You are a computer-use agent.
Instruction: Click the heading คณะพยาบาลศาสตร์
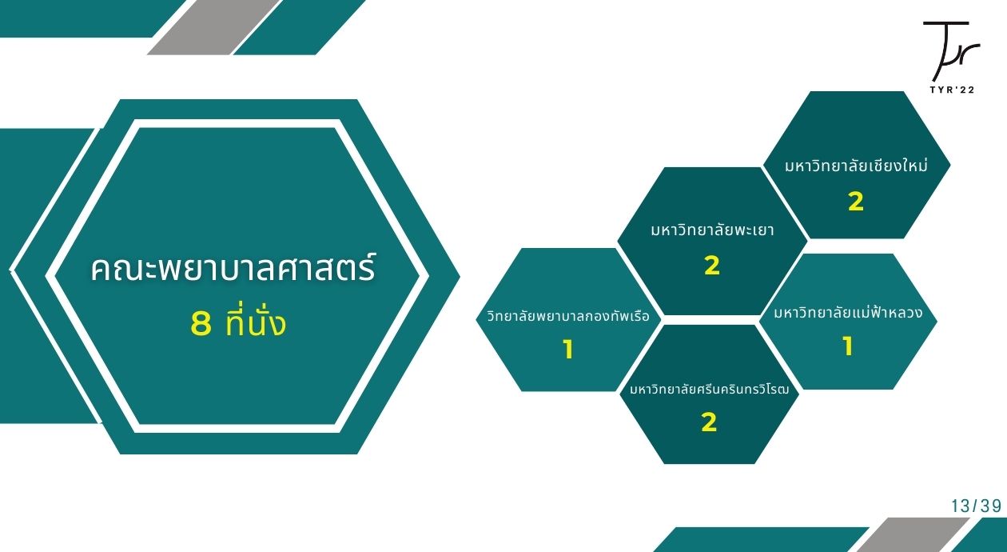[x=233, y=268]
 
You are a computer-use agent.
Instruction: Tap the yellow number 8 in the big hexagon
[x=201, y=323]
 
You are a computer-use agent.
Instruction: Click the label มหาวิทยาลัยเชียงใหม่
[x=856, y=165]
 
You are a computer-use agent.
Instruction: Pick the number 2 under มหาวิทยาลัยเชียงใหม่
[x=856, y=202]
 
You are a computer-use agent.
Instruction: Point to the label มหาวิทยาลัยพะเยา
[x=712, y=230]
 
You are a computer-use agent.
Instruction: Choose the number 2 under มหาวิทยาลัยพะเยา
[x=712, y=266]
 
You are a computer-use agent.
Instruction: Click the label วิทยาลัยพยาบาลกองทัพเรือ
[x=568, y=315]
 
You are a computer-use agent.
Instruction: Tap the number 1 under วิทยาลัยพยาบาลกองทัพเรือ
[x=568, y=350]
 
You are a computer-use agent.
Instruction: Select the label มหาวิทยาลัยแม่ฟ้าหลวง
[x=848, y=311]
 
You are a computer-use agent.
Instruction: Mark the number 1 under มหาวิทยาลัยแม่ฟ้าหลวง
[x=848, y=346]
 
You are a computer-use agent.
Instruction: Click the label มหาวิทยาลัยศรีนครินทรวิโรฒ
[x=710, y=388]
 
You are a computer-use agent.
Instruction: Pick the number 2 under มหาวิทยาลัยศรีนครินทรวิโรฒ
[x=709, y=422]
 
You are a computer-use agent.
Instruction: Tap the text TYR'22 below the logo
[x=952, y=90]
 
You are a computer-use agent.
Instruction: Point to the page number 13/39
[x=976, y=506]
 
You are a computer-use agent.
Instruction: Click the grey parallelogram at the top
[x=213, y=27]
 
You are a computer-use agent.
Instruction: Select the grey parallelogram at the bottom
[x=913, y=535]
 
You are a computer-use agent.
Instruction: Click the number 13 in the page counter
[x=961, y=506]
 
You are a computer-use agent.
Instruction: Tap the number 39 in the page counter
[x=991, y=506]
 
